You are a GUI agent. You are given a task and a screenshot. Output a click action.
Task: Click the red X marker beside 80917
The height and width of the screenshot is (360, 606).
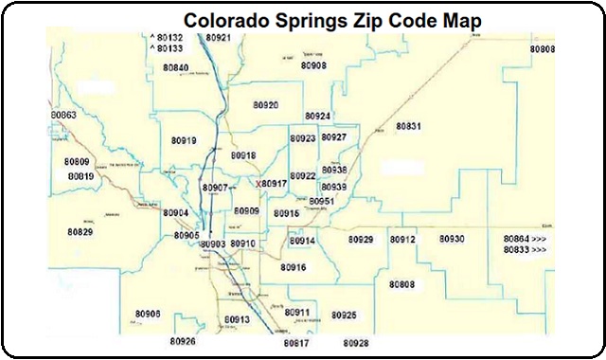[x=258, y=184]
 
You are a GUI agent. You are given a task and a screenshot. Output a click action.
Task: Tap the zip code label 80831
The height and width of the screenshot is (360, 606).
[x=408, y=126]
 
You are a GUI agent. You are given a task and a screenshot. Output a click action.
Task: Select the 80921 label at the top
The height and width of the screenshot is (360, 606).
[x=218, y=38]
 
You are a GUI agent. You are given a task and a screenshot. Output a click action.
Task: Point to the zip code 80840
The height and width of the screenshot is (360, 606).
[x=175, y=68]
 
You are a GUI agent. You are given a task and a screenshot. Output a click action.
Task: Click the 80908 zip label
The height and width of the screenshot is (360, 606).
[x=313, y=65]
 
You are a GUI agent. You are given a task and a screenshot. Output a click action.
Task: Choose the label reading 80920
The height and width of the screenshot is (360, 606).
[x=266, y=105]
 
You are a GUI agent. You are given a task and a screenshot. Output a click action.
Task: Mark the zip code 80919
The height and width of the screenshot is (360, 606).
[x=184, y=141]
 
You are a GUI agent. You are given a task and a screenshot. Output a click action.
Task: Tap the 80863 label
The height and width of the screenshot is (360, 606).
[x=63, y=115]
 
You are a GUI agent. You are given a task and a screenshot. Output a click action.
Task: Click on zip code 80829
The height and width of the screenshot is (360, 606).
[x=80, y=232]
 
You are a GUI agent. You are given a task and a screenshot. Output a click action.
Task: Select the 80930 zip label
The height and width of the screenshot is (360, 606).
[x=452, y=239]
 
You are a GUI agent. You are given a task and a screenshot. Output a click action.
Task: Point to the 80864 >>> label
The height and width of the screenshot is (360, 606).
[x=525, y=238]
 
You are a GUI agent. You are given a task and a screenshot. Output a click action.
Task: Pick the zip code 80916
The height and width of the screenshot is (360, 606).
[x=294, y=267]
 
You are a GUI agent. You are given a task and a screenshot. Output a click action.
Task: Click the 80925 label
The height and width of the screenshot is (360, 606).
[x=344, y=315]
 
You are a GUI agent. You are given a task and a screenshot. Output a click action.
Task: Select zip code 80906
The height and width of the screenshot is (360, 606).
[x=148, y=314]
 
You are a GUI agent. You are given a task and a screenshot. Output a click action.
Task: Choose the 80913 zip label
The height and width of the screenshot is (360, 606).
[x=237, y=320]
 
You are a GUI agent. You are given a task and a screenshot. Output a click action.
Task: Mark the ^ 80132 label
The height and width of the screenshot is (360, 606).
[x=167, y=38]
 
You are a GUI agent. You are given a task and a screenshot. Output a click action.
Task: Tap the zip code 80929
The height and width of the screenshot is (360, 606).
[x=360, y=240]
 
